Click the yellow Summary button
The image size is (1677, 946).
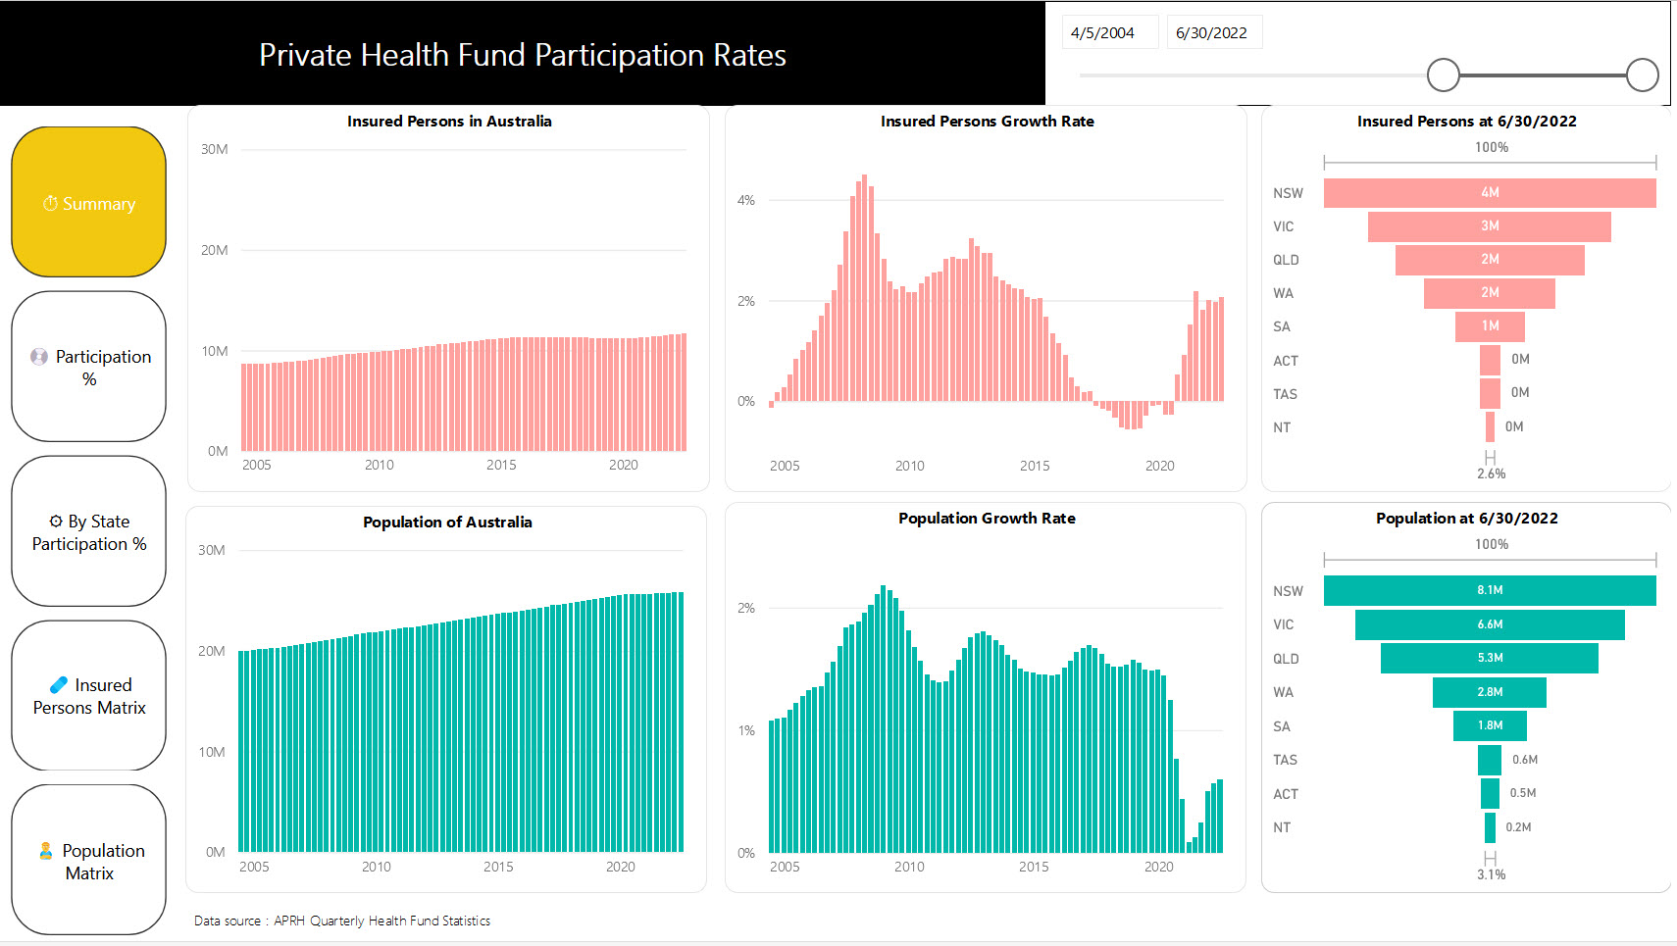point(88,202)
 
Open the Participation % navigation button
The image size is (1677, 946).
point(88,367)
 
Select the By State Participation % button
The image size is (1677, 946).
point(88,531)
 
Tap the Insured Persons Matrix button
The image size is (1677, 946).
point(88,696)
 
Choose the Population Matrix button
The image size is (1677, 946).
point(88,861)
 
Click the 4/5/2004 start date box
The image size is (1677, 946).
point(1108,32)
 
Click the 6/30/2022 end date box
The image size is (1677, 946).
point(1213,32)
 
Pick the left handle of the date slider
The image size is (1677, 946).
point(1443,75)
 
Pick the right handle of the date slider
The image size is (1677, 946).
point(1642,75)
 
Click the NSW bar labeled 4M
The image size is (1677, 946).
point(1489,192)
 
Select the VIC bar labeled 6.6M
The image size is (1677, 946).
point(1489,624)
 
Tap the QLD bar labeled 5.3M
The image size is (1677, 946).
point(1489,658)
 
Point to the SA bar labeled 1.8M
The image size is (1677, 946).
point(1489,725)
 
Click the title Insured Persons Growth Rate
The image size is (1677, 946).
point(987,121)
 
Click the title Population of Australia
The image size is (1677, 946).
point(447,522)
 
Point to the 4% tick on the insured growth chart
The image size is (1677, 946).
point(746,200)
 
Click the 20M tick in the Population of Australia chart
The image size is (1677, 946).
point(212,651)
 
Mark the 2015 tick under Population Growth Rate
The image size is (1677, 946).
point(1034,867)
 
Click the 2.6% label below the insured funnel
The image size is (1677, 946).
point(1491,473)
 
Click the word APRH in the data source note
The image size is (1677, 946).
point(289,921)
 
